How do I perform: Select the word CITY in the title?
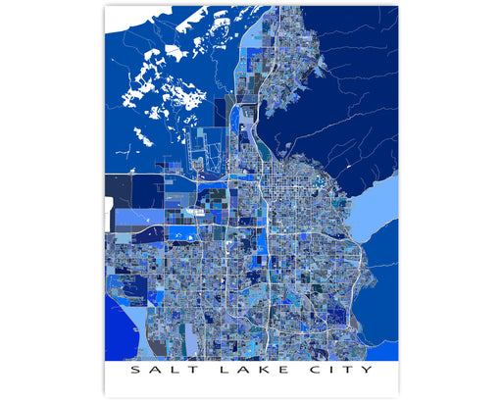[x=338, y=371]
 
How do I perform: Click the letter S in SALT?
[x=136, y=371]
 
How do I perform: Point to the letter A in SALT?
[x=157, y=371]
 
